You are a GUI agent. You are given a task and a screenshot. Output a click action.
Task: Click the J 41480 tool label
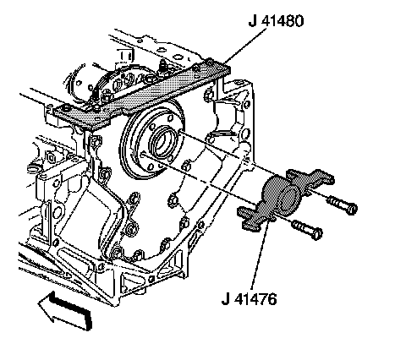point(276,20)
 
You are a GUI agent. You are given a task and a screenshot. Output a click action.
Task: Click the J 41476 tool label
point(249,298)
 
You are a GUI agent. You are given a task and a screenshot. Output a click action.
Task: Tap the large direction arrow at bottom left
point(65,311)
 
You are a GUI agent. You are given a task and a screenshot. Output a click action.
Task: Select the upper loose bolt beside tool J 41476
point(342,205)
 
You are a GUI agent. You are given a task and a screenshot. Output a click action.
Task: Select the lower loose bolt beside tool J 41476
point(307,230)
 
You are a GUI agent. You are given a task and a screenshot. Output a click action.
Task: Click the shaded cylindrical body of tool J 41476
point(281,194)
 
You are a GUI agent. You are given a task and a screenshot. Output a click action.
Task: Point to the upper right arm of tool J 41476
point(311,179)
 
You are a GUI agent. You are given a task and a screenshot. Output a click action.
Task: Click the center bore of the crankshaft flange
point(162,142)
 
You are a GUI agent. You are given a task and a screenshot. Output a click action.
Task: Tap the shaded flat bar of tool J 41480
point(141,95)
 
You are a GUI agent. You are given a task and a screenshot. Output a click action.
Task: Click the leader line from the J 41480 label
point(245,45)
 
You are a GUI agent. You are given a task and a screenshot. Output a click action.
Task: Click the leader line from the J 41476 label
point(260,255)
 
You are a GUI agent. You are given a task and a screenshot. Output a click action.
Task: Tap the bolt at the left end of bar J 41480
point(66,108)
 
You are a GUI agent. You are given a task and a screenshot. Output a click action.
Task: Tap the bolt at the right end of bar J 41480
point(210,62)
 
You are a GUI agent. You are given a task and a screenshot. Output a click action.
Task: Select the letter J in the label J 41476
point(225,298)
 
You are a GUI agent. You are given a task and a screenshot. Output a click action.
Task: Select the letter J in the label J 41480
point(253,20)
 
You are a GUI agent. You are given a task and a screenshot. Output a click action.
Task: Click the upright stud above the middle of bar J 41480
point(163,67)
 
